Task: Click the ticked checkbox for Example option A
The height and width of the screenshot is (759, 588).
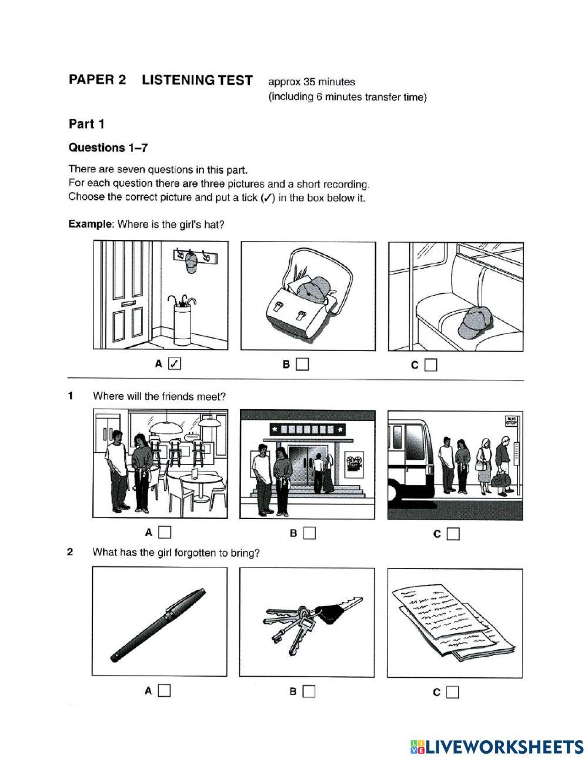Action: click(174, 364)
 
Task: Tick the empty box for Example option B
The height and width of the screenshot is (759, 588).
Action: click(302, 365)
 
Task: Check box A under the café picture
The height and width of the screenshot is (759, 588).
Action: click(165, 533)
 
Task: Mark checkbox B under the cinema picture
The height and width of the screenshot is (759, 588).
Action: click(309, 533)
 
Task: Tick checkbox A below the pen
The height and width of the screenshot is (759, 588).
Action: click(164, 691)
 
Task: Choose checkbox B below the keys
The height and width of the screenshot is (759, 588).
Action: click(309, 691)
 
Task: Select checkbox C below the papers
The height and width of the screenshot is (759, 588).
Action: click(452, 692)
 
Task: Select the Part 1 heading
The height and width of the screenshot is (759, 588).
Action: click(86, 124)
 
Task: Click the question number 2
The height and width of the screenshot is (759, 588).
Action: click(71, 552)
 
